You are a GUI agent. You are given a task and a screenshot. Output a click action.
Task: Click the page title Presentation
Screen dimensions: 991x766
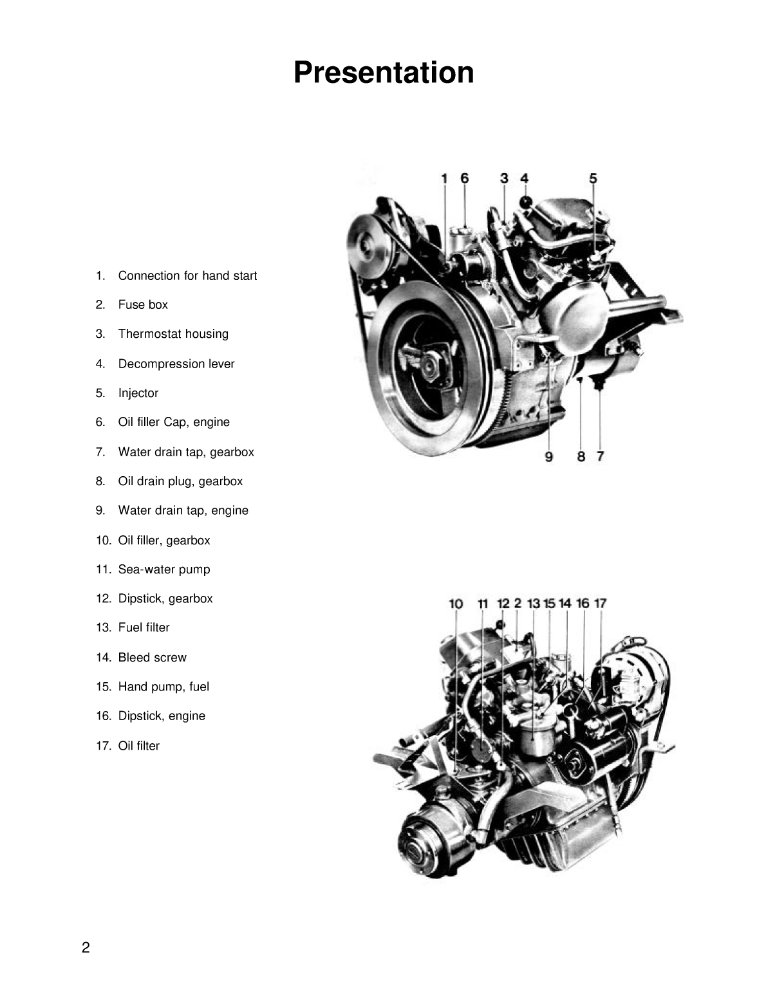384,72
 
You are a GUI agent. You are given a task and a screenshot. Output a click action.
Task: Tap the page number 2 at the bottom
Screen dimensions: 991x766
86,947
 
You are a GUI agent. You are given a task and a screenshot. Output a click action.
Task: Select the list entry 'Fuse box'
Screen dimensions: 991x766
142,304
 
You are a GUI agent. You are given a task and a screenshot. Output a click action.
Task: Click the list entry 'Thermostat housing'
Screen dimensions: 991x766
173,334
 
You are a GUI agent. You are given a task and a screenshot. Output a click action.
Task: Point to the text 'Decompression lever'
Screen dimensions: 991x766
176,364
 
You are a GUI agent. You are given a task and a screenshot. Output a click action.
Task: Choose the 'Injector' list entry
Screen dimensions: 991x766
138,393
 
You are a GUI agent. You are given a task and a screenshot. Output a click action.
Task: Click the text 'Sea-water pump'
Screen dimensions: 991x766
163,570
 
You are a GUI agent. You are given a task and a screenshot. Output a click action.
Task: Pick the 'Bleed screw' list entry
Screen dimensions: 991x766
152,658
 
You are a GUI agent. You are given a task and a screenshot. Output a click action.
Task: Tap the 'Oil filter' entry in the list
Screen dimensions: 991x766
138,746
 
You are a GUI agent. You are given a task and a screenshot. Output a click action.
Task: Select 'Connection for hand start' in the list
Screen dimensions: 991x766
187,275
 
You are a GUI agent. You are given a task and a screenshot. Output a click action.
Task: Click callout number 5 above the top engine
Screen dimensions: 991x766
593,178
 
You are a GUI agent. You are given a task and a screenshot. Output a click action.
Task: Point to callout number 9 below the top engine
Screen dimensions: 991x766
549,456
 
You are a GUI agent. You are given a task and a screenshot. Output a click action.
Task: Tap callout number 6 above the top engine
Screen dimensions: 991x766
465,178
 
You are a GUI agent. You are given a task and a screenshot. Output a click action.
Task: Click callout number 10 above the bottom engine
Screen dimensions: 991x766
456,604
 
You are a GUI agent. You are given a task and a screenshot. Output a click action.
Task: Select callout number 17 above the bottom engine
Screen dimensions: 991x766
600,604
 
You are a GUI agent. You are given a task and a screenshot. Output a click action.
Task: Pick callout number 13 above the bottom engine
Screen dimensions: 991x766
534,604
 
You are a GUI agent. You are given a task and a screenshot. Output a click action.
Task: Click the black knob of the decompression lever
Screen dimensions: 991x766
526,201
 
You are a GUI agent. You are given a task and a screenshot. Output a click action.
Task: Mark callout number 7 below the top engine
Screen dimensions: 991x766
600,456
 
